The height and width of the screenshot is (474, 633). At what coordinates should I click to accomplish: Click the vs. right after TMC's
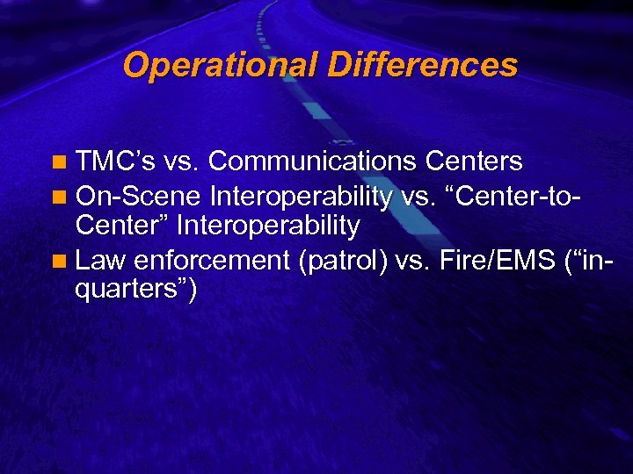pyautogui.click(x=183, y=162)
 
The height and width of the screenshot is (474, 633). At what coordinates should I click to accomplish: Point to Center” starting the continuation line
pyautogui.click(x=123, y=226)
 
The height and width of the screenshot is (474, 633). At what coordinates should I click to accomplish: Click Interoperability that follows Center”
pyautogui.click(x=268, y=226)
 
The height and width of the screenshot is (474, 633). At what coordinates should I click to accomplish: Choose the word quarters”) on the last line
pyautogui.click(x=136, y=291)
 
